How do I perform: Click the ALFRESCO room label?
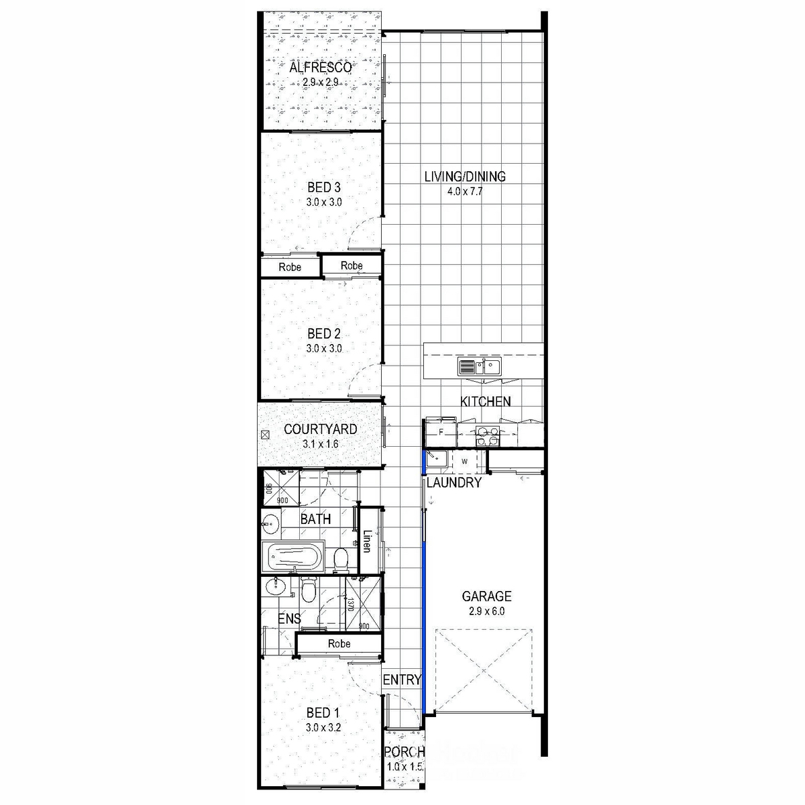tap(321, 67)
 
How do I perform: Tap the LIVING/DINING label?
tap(465, 176)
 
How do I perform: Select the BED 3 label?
tap(324, 187)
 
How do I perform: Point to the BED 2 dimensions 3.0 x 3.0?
tap(324, 348)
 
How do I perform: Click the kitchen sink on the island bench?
tap(479, 367)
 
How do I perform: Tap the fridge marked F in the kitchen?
tap(441, 433)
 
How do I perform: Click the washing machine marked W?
tap(464, 461)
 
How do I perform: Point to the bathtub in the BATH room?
tap(293, 556)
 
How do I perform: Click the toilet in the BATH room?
tap(341, 560)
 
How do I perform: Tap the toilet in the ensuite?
tap(309, 590)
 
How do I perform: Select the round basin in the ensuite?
tap(274, 586)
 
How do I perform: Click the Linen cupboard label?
tap(367, 541)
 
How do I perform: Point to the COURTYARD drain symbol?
tap(265, 435)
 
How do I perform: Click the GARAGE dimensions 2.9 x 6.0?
tap(486, 611)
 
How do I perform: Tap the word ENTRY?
tap(402, 680)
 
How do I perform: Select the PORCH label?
tap(405, 751)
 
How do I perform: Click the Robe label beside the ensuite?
tap(339, 643)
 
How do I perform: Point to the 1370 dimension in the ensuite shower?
tap(350, 604)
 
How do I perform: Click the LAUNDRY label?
tap(454, 482)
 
